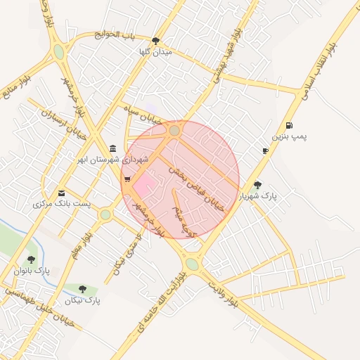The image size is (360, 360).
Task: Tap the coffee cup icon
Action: (x=265, y=150)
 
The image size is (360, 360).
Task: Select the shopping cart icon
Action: (x=127, y=180)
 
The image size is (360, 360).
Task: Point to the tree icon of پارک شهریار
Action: (x=258, y=185)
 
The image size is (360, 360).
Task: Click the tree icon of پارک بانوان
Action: (x=30, y=259)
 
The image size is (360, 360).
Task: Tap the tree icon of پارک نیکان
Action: (x=83, y=289)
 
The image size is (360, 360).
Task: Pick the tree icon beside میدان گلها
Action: (x=155, y=41)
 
